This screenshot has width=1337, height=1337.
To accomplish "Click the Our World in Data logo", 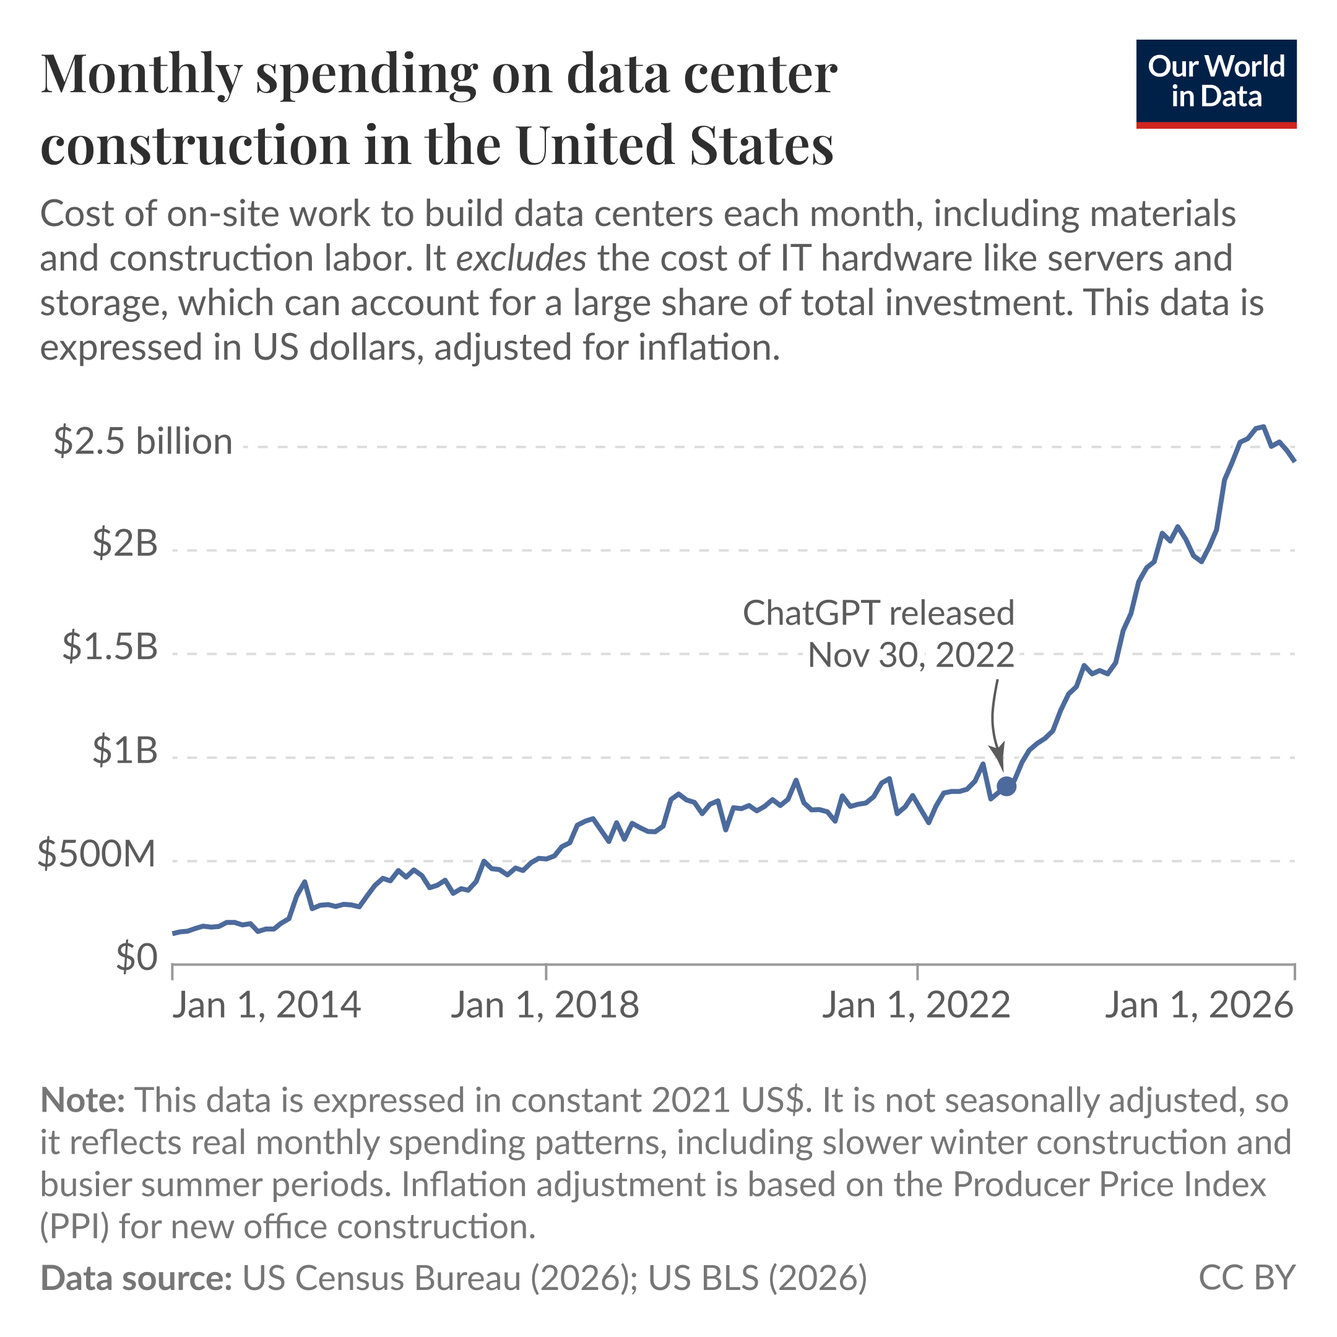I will click(x=1216, y=84).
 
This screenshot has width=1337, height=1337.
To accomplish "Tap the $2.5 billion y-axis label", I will click(x=142, y=441).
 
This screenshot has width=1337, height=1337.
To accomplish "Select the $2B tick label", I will click(x=125, y=543).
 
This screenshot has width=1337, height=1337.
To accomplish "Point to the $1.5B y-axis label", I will click(x=110, y=646).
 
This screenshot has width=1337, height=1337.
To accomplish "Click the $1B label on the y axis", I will click(x=125, y=750).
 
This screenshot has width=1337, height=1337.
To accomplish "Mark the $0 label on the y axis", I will click(x=136, y=958).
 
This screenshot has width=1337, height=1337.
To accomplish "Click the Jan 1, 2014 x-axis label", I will click(x=266, y=1005).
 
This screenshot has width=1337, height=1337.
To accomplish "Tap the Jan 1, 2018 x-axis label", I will click(x=545, y=1005).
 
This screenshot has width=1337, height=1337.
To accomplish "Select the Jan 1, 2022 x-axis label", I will click(x=915, y=1005).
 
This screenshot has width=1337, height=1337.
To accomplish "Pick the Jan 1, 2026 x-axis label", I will click(x=1198, y=1005).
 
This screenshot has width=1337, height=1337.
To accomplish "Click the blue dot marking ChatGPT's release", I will click(x=1006, y=786).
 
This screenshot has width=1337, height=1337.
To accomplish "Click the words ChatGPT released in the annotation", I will click(x=878, y=613).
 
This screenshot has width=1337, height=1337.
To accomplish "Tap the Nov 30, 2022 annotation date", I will click(x=911, y=655).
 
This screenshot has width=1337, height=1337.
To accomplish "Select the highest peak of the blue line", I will click(x=1263, y=426).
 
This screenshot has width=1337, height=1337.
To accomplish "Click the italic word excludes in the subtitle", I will click(x=521, y=259).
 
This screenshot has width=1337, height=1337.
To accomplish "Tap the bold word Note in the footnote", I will click(x=82, y=1101).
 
